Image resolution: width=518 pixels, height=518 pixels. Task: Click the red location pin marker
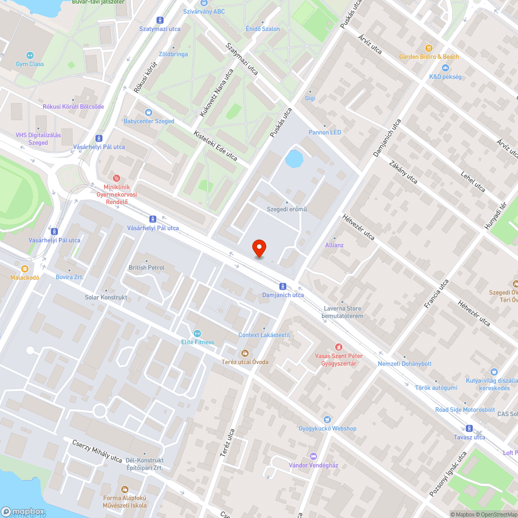(258, 248)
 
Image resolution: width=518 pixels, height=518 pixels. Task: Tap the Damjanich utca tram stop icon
(282, 286)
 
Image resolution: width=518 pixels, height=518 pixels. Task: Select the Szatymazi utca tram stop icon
(160, 20)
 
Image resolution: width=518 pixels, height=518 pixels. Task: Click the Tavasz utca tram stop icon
(469, 428)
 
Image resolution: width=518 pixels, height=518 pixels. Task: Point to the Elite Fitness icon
(197, 333)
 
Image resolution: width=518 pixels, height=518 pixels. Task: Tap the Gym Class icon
(30, 55)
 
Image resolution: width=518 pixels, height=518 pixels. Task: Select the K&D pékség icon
(445, 68)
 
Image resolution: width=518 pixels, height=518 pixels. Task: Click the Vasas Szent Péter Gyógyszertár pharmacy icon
(339, 347)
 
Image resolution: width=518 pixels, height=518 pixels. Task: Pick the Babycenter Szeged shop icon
(149, 112)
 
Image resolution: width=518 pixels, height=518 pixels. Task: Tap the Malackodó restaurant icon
(25, 269)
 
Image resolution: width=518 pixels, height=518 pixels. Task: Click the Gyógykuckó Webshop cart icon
(327, 420)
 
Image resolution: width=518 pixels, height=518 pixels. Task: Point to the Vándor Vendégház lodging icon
(313, 456)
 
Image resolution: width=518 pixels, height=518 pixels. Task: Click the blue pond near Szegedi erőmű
(294, 159)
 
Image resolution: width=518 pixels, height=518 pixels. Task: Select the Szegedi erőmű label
(286, 209)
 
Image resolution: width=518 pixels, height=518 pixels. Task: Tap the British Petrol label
(146, 267)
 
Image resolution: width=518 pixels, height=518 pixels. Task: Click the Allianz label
(334, 245)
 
